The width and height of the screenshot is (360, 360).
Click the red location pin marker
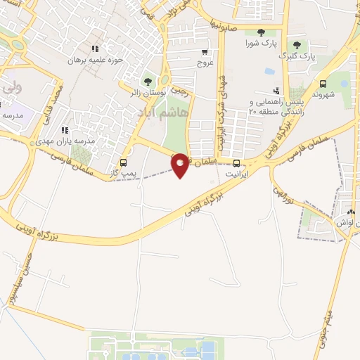[181, 164]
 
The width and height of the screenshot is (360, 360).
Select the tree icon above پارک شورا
[261, 32]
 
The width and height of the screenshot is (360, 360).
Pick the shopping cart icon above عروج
[205, 51]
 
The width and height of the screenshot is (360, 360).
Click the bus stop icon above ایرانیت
[236, 162]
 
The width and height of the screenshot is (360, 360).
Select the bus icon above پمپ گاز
[124, 160]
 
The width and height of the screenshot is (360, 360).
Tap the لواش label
[342, 222]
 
